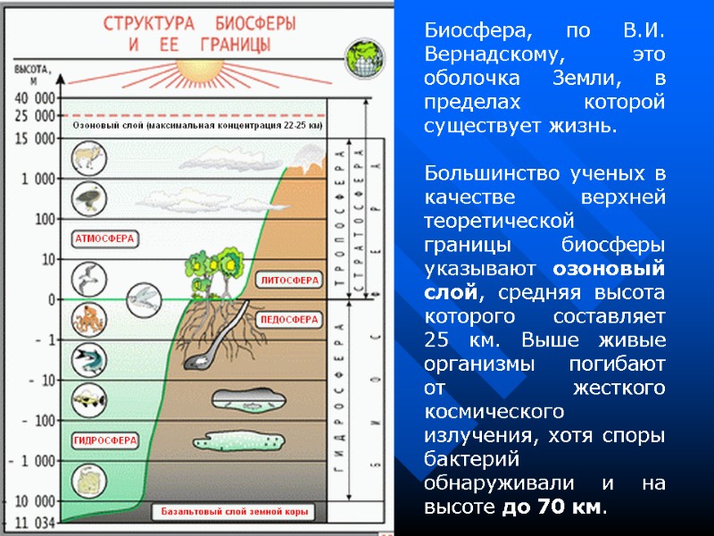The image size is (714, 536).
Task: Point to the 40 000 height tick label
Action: pos(33,97)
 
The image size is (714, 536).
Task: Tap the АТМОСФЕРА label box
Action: pos(104,239)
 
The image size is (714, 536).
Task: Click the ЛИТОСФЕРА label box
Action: pos(289,280)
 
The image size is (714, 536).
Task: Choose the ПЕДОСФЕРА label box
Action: pos(289,319)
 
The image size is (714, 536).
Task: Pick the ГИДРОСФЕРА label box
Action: pos(105,440)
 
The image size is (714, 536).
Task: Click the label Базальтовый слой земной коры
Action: pos(235,513)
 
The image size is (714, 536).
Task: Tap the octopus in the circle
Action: pos(88,319)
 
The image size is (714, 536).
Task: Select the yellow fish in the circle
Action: pos(89,398)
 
